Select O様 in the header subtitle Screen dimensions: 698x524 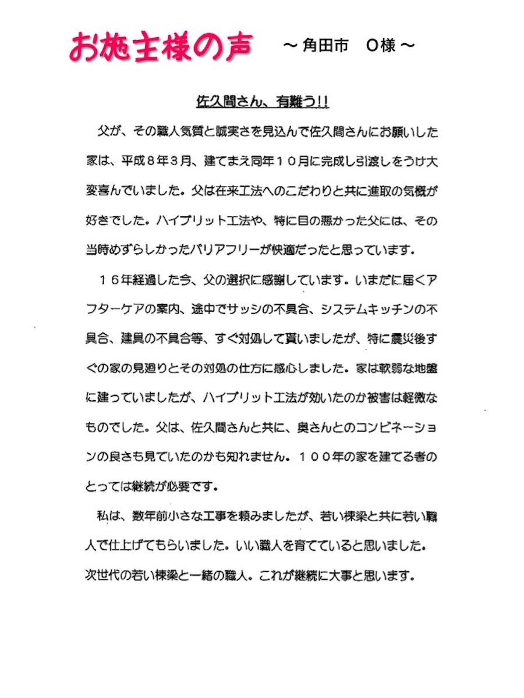381,47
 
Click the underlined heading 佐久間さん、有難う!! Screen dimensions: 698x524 262,102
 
